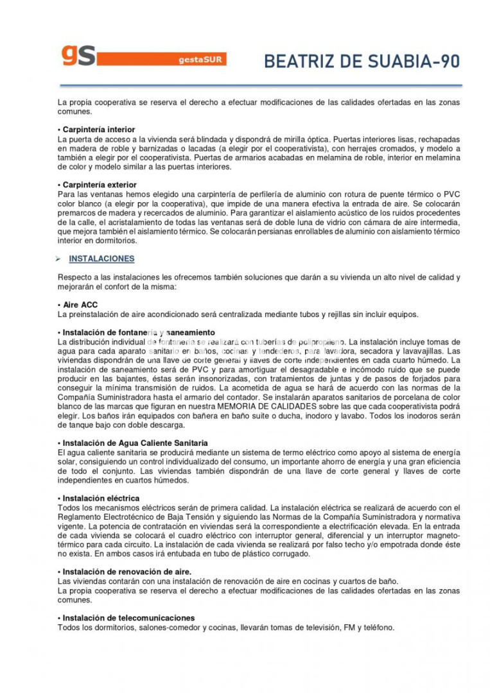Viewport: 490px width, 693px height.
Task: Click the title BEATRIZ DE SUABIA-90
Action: click(x=362, y=62)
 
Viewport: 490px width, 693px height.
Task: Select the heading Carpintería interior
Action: click(x=98, y=130)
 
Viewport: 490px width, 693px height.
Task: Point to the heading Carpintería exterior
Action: click(x=100, y=185)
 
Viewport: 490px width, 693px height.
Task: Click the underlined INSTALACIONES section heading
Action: click(x=101, y=259)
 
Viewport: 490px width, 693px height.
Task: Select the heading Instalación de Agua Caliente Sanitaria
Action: click(x=135, y=443)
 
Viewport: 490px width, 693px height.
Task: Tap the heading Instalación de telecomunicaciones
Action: click(x=128, y=618)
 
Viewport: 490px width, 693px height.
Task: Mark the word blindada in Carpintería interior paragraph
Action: click(x=214, y=139)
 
